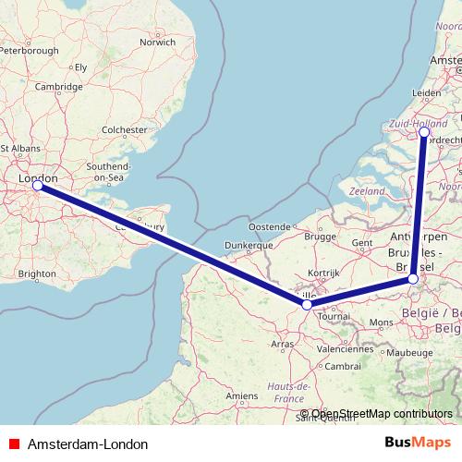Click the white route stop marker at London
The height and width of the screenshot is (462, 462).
38,186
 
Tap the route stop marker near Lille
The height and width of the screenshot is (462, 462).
307,303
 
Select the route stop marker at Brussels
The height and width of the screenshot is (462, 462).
413,279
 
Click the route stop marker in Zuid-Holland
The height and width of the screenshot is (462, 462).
424,132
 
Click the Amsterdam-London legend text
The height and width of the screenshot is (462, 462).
88,444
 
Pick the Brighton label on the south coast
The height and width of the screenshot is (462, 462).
37,274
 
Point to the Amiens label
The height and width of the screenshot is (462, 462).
243,395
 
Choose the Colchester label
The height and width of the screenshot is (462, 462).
127,130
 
